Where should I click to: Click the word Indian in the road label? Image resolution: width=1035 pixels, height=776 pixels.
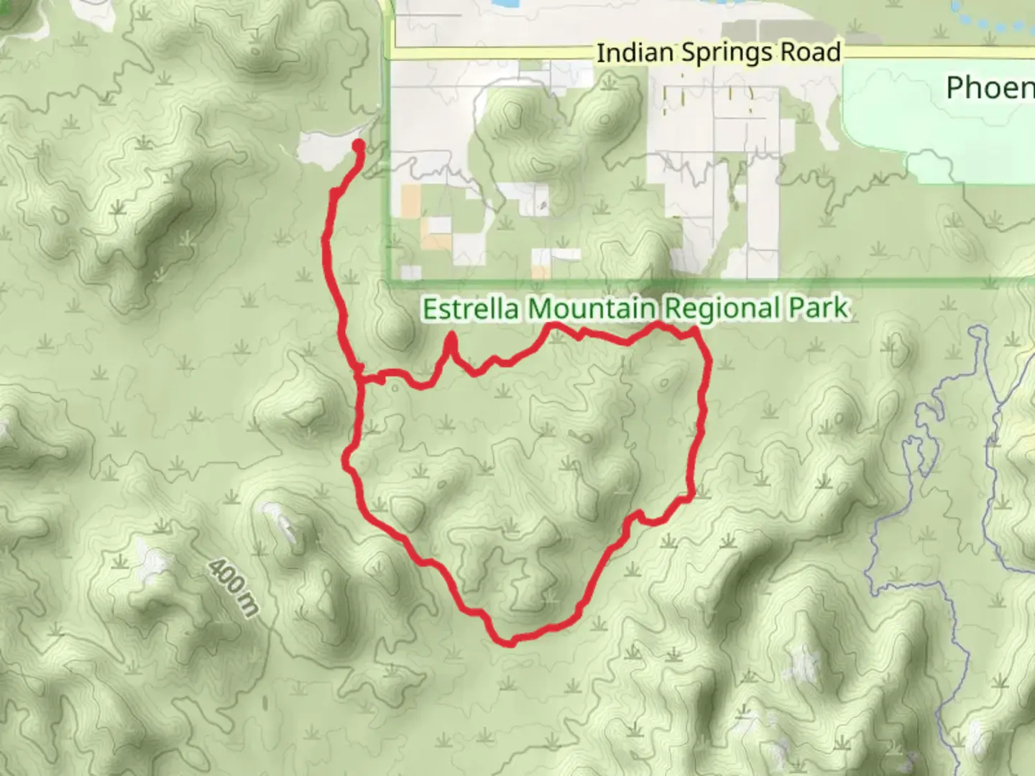tap(635, 52)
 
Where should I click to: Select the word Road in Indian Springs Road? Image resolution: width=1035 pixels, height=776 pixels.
tap(812, 52)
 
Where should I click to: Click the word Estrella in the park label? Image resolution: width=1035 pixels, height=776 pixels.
tap(472, 309)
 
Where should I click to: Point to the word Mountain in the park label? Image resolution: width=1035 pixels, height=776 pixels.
tap(592, 309)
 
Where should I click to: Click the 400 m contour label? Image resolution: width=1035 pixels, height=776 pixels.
tap(233, 588)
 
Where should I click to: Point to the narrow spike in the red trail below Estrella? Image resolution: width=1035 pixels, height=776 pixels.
tap(451, 338)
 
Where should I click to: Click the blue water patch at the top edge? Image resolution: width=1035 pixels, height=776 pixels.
tap(495, 4)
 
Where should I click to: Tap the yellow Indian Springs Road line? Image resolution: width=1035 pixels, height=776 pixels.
tap(503, 54)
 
